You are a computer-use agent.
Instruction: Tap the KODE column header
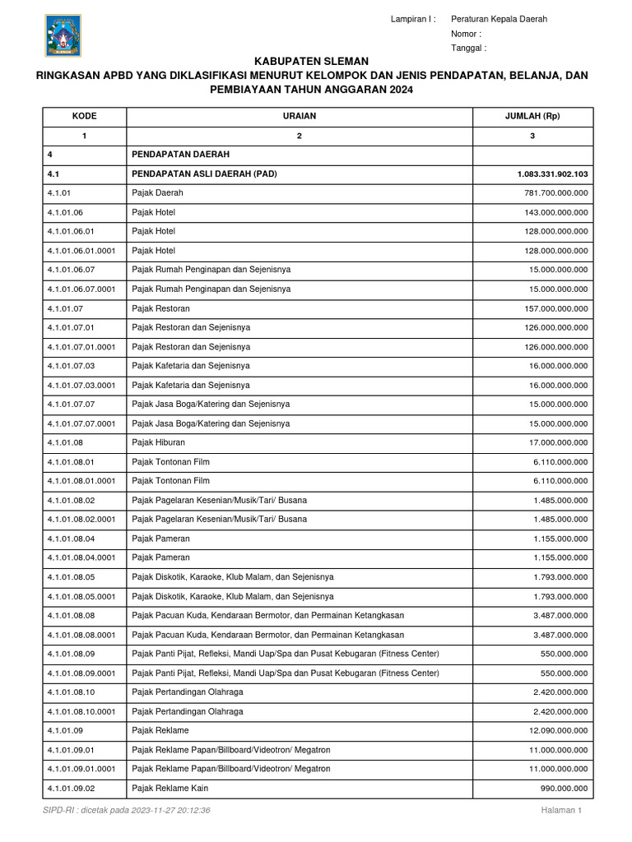pyautogui.click(x=84, y=116)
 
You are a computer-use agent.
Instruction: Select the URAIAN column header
pyautogui.click(x=300, y=116)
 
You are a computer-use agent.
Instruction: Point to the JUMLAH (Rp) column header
pyautogui.click(x=532, y=116)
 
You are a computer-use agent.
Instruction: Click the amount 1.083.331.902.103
pyautogui.click(x=552, y=173)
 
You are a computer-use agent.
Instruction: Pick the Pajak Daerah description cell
pyautogui.click(x=158, y=192)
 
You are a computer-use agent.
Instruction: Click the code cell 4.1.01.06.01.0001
pyautogui.click(x=81, y=250)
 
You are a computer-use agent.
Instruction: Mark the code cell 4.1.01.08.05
pyautogui.click(x=71, y=577)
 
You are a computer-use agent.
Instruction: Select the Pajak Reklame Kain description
pyautogui.click(x=170, y=788)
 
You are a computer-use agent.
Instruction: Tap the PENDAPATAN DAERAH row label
pyautogui.click(x=180, y=154)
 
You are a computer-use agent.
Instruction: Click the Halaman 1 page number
pyautogui.click(x=561, y=810)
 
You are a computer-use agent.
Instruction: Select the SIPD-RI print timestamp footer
pyautogui.click(x=127, y=810)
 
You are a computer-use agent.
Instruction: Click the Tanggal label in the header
pyautogui.click(x=468, y=48)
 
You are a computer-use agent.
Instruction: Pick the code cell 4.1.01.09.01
pyautogui.click(x=71, y=750)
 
